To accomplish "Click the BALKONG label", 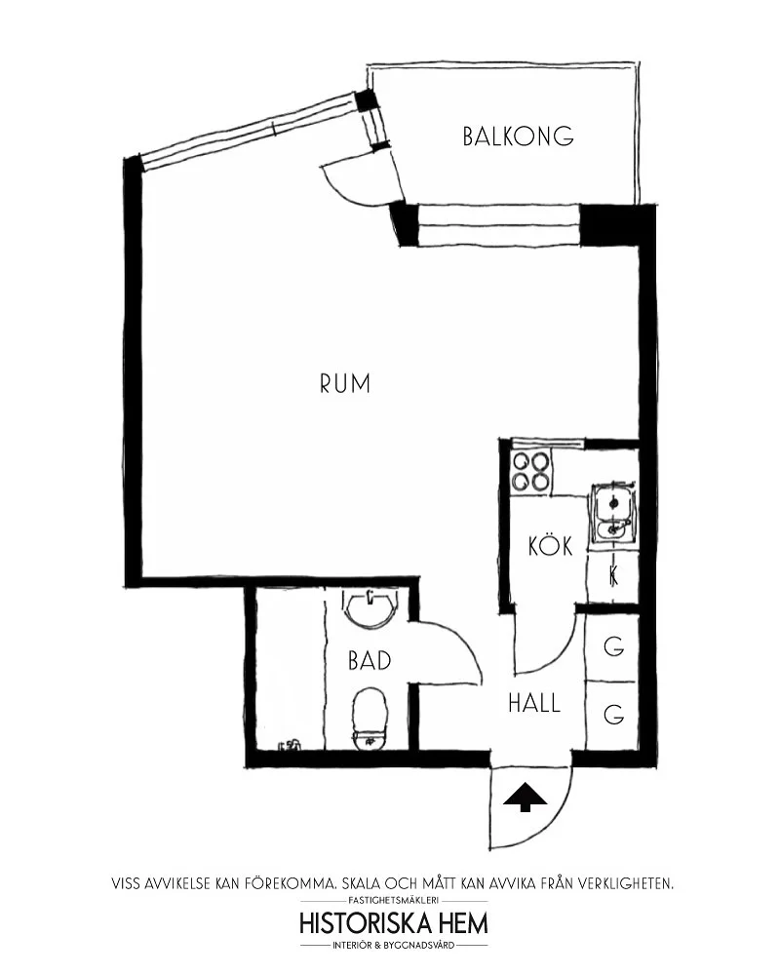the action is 518,136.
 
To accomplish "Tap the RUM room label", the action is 345,383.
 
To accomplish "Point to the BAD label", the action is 370,660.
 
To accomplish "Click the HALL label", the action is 534,703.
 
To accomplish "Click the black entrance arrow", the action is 525,797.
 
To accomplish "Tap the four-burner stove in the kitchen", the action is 530,471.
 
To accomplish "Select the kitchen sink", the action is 613,514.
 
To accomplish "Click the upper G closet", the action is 613,646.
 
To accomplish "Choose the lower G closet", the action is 613,715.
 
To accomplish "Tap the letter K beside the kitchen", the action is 613,576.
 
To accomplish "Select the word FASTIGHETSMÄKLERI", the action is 394,900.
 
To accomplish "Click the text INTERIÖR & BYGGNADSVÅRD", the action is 394,946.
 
